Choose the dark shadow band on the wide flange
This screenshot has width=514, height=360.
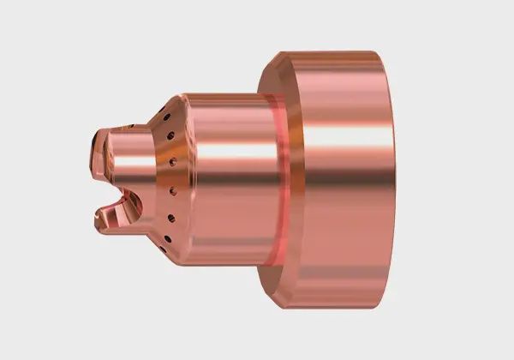pos(343,257)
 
